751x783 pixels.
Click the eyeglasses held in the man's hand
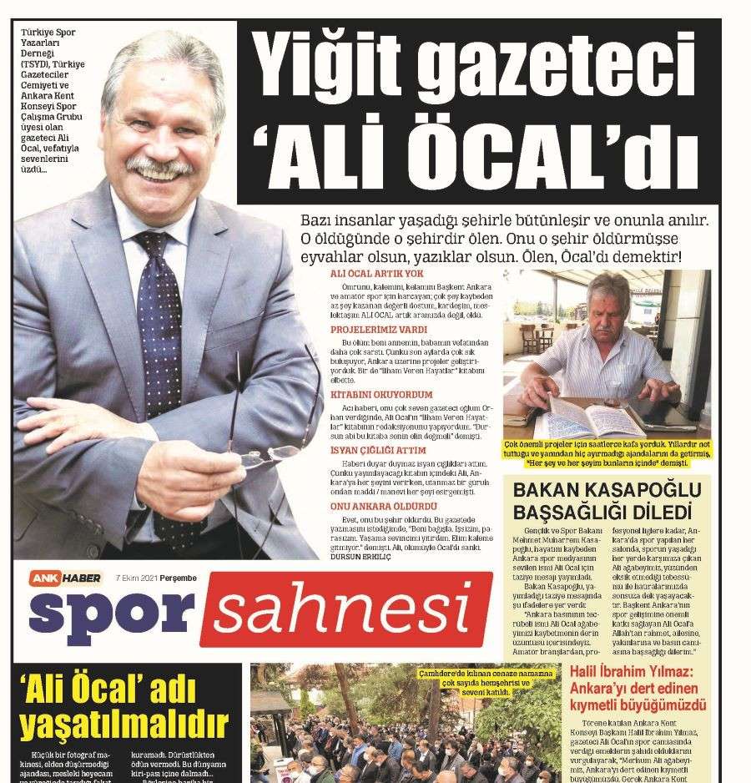pyautogui.click(x=271, y=455)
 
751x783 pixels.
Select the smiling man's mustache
pyautogui.click(x=159, y=167)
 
